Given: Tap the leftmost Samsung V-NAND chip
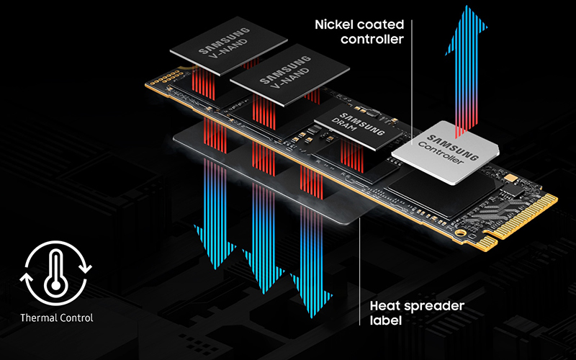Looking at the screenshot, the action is [x=228, y=45].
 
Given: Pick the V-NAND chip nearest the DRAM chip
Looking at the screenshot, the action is [x=290, y=75].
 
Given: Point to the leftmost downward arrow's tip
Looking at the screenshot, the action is [x=215, y=269].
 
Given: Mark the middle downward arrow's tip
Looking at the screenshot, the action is [x=264, y=292].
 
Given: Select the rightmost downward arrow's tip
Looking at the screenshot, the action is [x=312, y=317].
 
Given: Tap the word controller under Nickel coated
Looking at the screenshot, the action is [x=372, y=40].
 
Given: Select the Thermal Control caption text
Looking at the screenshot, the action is [x=57, y=318].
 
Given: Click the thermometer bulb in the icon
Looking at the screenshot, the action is [x=55, y=285].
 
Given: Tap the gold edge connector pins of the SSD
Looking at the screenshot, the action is [x=521, y=221].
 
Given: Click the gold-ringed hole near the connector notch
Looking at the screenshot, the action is [x=459, y=233].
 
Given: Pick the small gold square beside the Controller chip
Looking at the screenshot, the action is [x=511, y=178].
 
